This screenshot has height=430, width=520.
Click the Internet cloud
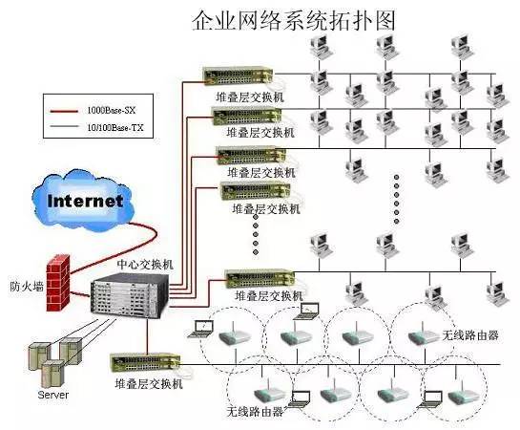tap(84, 200)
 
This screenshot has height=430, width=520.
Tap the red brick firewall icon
tap(58, 283)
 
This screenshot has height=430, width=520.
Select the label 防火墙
tap(27, 287)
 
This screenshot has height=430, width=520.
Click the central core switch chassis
tap(130, 295)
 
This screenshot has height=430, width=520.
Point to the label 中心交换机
tap(145, 265)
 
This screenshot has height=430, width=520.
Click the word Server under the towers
tap(53, 395)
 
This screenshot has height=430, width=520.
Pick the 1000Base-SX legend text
tap(112, 110)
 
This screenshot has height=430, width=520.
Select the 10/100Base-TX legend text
tap(115, 127)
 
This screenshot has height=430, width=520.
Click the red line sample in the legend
tap(64, 111)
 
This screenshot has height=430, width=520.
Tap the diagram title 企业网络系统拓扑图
tap(294, 21)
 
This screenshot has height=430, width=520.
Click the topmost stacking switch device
tap(238, 75)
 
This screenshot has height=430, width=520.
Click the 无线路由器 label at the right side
tap(470, 335)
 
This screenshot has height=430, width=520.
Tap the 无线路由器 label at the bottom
tap(255, 412)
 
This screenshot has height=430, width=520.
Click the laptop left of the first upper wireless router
tap(200, 329)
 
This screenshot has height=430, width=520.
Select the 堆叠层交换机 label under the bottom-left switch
tap(149, 383)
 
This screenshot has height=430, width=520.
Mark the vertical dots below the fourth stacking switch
tap(256, 234)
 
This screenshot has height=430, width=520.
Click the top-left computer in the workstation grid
tap(320, 47)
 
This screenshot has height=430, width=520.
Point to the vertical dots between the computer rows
tap(396, 199)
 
